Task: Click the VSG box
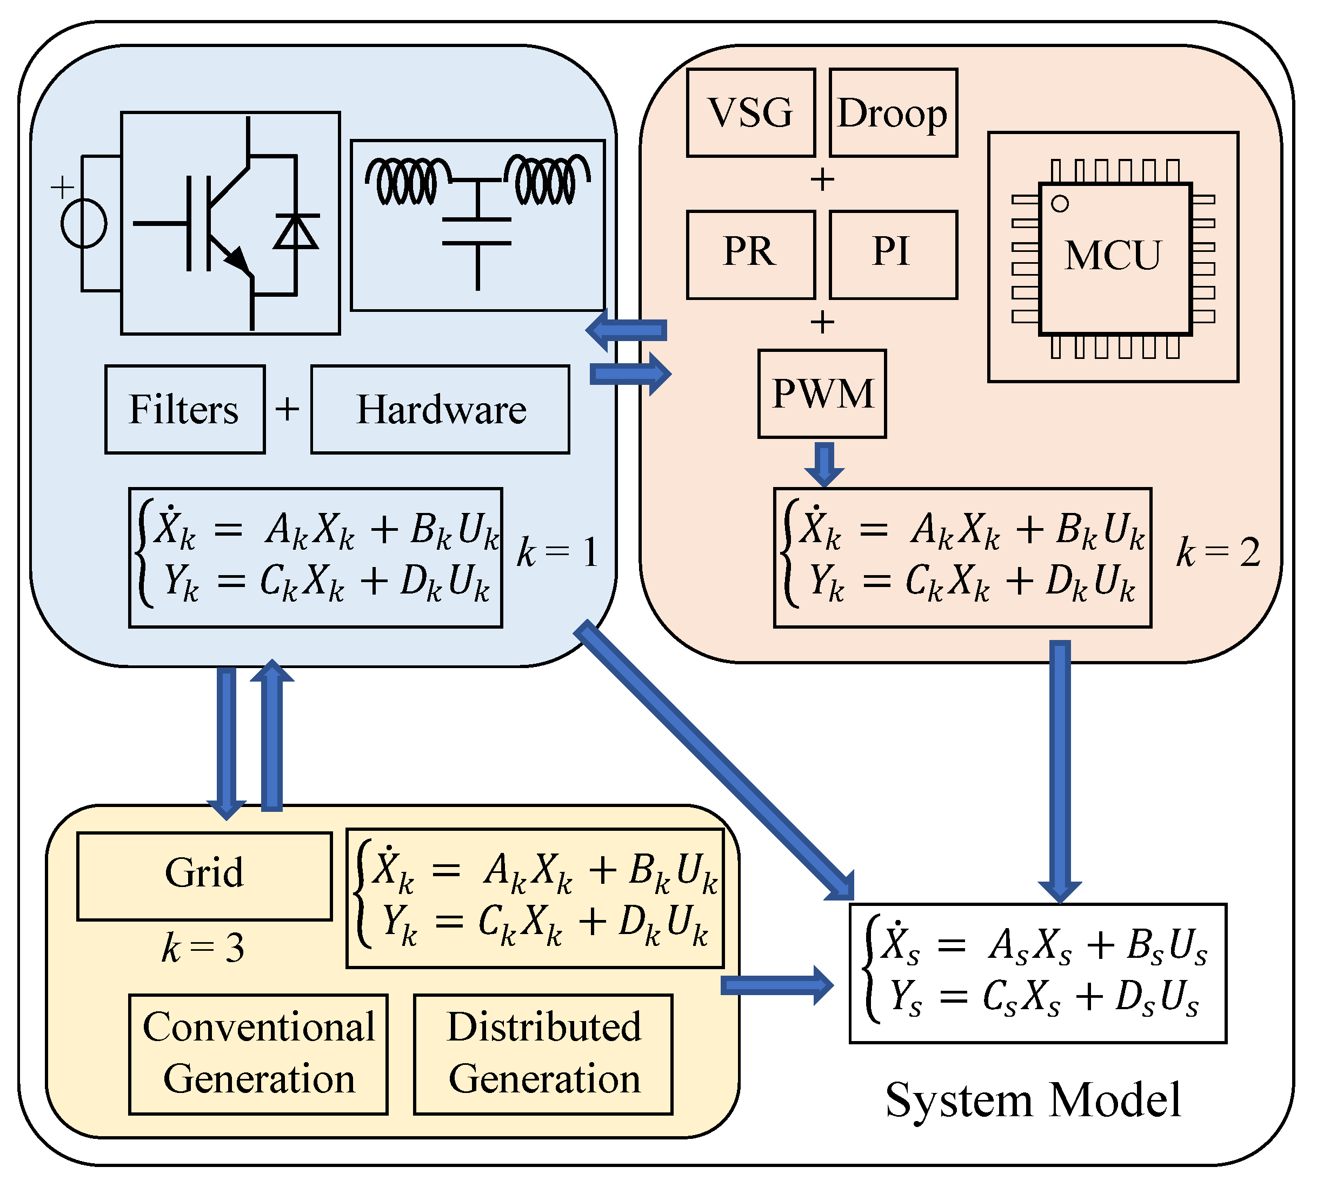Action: coord(750,112)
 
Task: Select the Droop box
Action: coord(893,112)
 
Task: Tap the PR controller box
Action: coord(750,255)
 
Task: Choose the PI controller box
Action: coord(893,255)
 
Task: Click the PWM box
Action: coord(821,394)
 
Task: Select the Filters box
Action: coord(184,409)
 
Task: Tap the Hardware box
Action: coord(440,409)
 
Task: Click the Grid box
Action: coord(204,875)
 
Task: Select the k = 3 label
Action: coord(203,947)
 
